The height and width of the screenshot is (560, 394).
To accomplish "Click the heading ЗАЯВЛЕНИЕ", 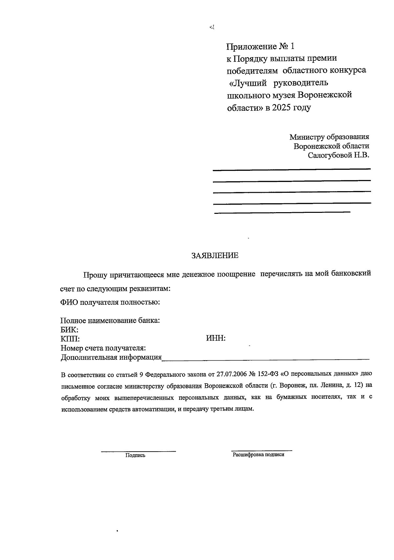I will click(215, 256).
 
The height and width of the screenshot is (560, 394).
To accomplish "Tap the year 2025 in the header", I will click(281, 107).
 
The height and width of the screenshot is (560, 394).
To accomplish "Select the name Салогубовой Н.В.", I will click(338, 155).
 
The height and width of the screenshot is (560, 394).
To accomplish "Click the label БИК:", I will click(69, 330).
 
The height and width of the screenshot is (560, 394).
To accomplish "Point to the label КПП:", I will click(70, 339).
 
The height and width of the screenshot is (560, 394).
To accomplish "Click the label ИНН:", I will click(216, 338).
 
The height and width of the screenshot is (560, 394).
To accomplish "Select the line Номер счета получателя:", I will click(103, 348).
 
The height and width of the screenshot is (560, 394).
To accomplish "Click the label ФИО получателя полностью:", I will click(110, 302).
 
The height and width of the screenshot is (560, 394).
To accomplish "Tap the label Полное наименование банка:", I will click(110, 321).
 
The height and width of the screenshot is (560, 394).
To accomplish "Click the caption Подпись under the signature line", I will click(135, 455).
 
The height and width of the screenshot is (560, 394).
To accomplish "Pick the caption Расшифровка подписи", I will click(258, 455).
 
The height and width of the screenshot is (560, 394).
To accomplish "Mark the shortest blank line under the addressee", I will click(282, 213).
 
